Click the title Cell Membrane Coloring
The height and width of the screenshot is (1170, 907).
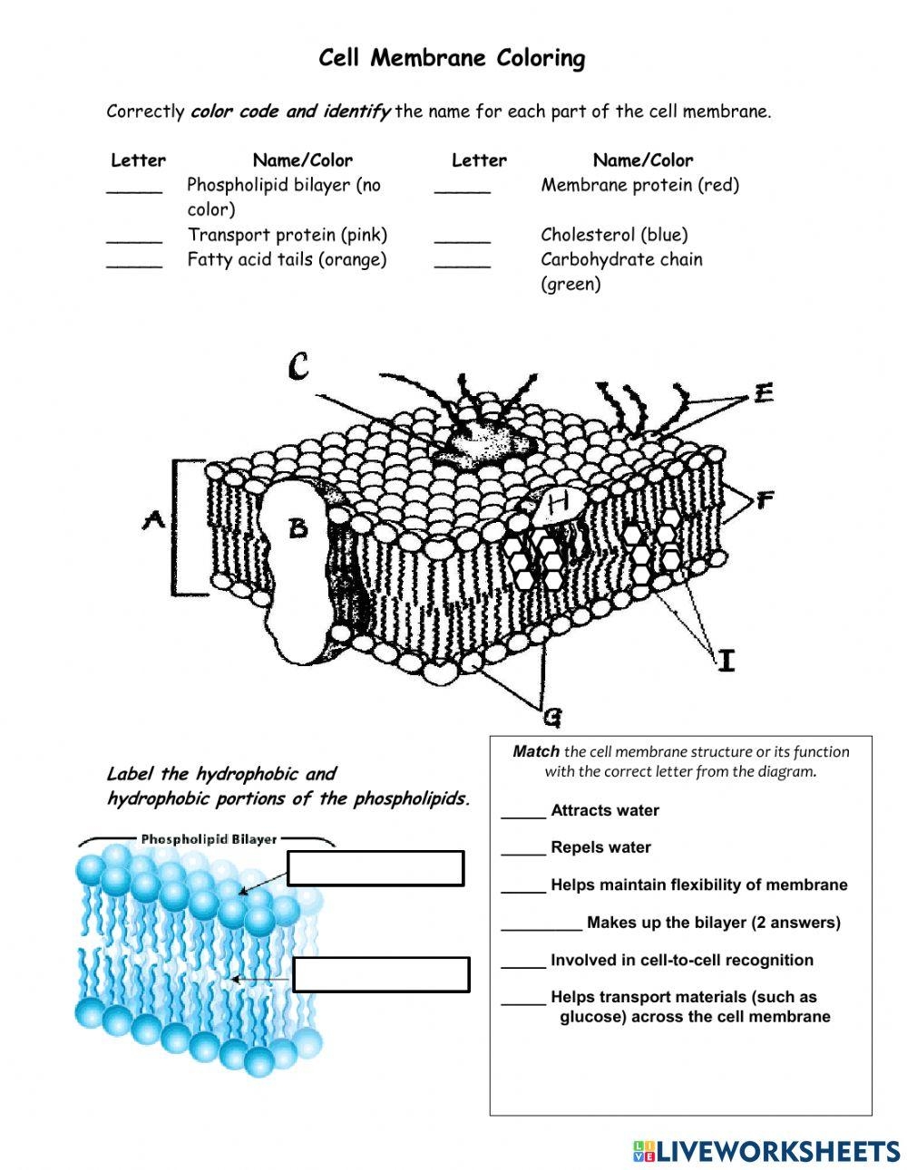[452, 59]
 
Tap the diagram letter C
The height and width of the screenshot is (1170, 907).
[298, 367]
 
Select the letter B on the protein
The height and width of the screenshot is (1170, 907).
[298, 527]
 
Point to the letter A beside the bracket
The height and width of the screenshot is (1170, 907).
[152, 520]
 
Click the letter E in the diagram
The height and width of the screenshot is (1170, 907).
[764, 393]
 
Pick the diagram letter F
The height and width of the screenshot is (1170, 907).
[765, 499]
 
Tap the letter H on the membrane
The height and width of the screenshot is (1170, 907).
[557, 499]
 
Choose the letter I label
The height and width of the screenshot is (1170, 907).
[726, 661]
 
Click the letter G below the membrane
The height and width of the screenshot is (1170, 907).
[551, 718]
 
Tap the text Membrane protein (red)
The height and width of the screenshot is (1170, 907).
[639, 185]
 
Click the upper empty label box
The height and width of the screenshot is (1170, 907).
[375, 867]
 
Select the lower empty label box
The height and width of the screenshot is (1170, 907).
[381, 974]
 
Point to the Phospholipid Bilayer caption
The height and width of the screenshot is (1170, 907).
[209, 839]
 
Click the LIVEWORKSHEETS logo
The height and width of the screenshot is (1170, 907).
[766, 1151]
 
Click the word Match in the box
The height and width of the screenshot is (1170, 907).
[535, 751]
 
